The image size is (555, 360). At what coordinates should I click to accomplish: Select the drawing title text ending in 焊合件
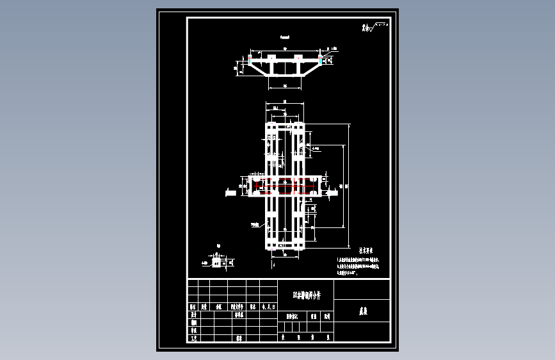[x=305, y=295]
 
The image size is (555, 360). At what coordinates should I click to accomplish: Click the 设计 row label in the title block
[x=193, y=315]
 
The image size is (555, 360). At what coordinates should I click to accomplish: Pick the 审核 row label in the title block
[x=193, y=331]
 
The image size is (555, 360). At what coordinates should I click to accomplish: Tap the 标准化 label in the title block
[x=239, y=315]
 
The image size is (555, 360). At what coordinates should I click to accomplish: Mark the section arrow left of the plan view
[x=230, y=191]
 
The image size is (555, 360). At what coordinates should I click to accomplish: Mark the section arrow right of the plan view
[x=332, y=191]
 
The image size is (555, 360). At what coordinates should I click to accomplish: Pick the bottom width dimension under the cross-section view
[x=281, y=86]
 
